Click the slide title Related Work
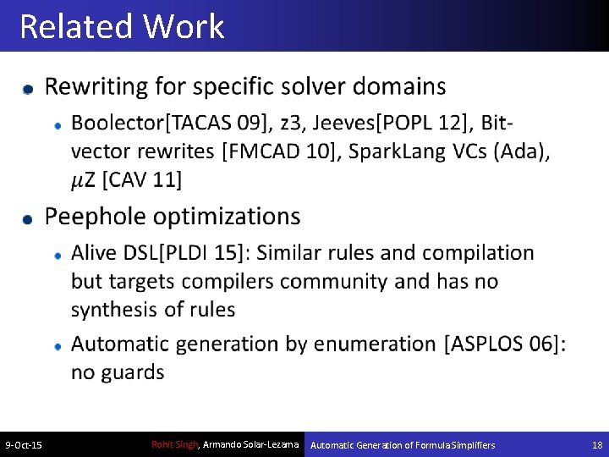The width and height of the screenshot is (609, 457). [122, 26]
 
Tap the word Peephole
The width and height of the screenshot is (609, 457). [93, 217]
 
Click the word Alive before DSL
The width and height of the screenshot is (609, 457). [95, 253]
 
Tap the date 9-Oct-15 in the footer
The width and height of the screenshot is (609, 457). [24, 445]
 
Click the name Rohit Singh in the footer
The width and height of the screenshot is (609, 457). [173, 444]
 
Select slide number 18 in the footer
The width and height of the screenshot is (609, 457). [597, 445]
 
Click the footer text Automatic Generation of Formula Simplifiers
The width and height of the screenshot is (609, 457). [403, 445]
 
